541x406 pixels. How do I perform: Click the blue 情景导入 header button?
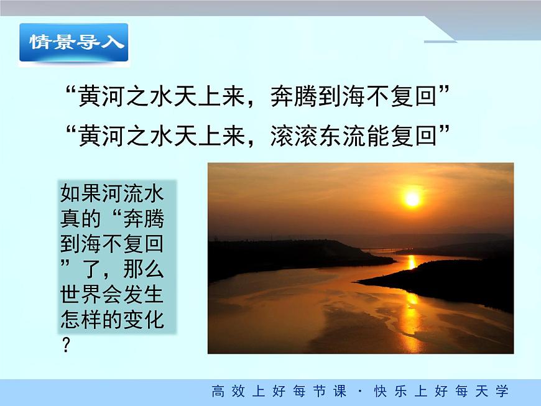click(x=74, y=42)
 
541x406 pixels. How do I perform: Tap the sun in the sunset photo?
click(x=412, y=199)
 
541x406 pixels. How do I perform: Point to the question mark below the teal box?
click(x=66, y=344)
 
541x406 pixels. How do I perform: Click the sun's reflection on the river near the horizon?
click(x=411, y=262)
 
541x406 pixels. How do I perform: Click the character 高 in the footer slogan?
click(x=218, y=392)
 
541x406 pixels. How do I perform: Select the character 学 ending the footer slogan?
click(x=502, y=392)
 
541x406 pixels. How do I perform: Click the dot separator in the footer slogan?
click(x=360, y=392)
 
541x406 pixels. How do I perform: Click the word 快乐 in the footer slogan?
click(x=391, y=392)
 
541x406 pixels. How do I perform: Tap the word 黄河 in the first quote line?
click(x=101, y=96)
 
